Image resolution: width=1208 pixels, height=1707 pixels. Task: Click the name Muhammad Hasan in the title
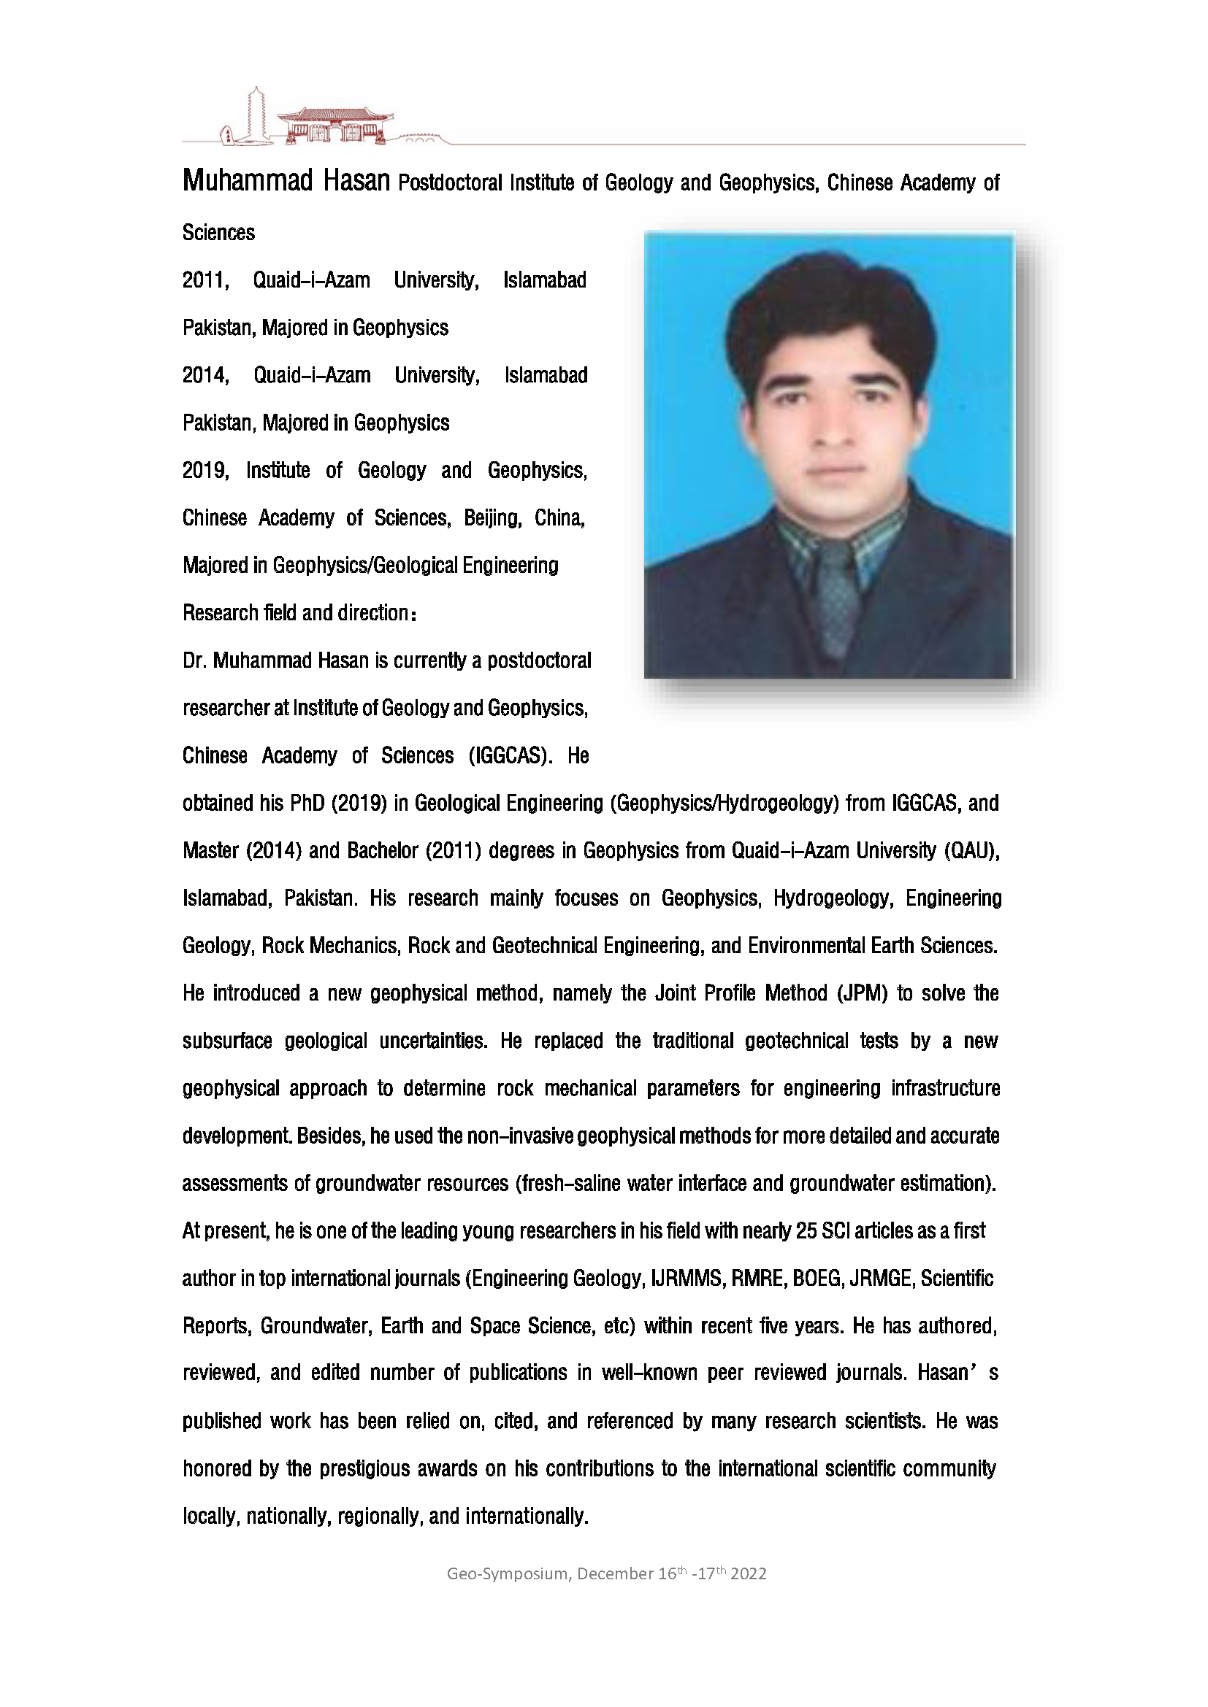[286, 181]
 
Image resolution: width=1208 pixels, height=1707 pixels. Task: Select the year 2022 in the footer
[749, 1574]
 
